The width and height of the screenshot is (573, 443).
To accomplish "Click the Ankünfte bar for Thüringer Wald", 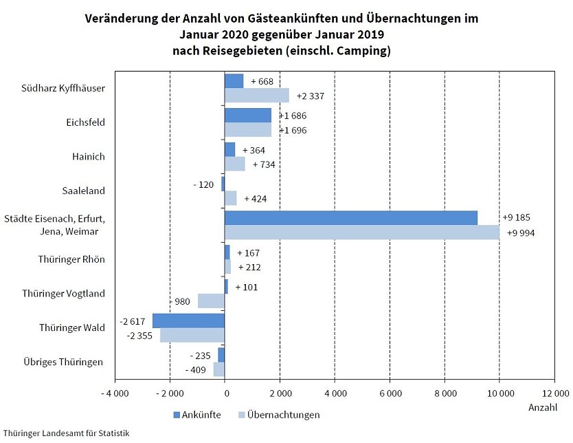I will pyautogui.click(x=188, y=321).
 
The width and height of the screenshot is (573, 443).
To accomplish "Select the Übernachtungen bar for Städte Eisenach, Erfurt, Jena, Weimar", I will pyautogui.click(x=361, y=233).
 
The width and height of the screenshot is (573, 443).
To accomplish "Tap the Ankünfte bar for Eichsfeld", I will pyautogui.click(x=247, y=115).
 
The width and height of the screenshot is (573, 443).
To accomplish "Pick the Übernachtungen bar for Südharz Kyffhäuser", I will pyautogui.click(x=256, y=96).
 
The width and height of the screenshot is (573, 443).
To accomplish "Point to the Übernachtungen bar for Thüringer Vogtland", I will pyautogui.click(x=211, y=301).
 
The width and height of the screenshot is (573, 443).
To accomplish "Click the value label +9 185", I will pyautogui.click(x=517, y=217).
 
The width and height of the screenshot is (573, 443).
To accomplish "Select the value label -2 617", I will pyautogui.click(x=133, y=321).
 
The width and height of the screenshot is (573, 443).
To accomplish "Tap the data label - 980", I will pyautogui.click(x=182, y=301).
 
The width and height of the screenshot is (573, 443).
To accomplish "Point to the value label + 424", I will pyautogui.click(x=256, y=199).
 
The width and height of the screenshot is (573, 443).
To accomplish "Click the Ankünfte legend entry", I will pyautogui.click(x=196, y=415).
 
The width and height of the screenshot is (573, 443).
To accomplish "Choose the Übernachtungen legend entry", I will pyautogui.click(x=278, y=415).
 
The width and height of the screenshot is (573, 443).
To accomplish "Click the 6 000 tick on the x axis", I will pyautogui.click(x=390, y=393).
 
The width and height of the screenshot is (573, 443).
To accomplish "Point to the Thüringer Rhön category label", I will pyautogui.click(x=72, y=259).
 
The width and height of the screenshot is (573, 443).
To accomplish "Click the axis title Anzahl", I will pyautogui.click(x=543, y=408).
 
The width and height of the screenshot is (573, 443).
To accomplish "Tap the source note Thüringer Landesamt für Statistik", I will pyautogui.click(x=65, y=433).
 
